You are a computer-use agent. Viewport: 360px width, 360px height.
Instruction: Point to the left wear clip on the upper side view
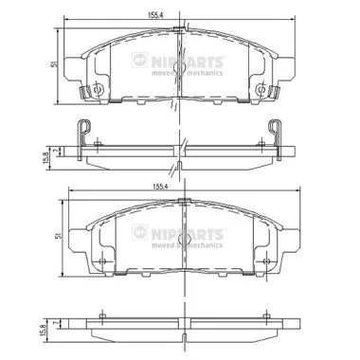(84, 132)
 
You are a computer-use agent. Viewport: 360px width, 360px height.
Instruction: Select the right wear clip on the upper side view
(276, 132)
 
